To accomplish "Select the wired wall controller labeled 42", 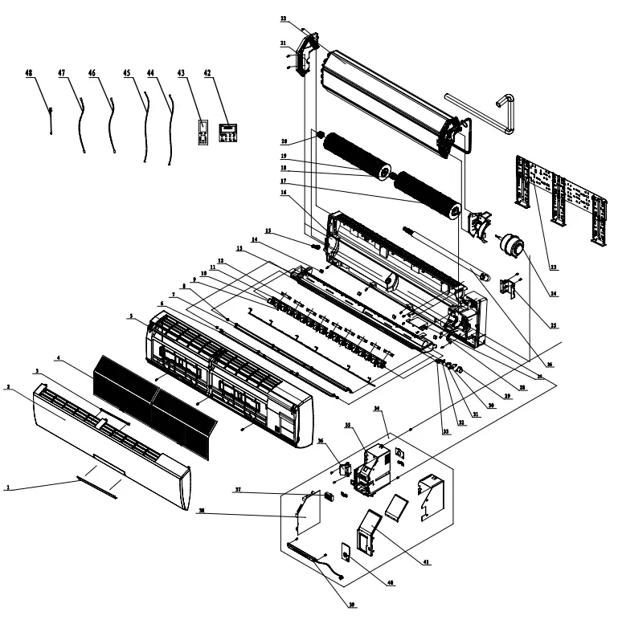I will [x=228, y=133].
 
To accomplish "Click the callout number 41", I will [x=425, y=563].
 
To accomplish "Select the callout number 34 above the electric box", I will [x=377, y=408].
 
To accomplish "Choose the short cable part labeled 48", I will [x=50, y=121].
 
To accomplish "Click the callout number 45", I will [x=128, y=73].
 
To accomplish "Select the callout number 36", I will [x=320, y=439].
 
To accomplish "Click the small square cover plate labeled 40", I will [x=346, y=554].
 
